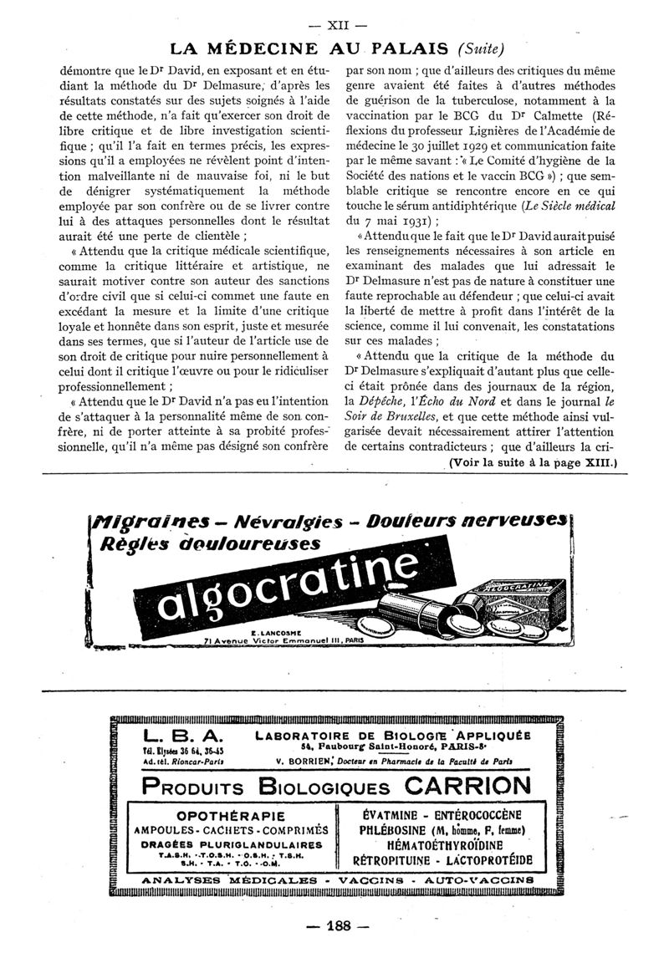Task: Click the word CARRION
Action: coord(467,786)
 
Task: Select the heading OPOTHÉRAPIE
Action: coord(231,816)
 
